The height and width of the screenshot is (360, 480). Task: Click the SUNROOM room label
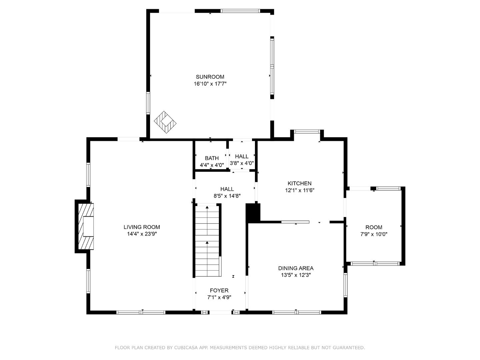tap(210, 77)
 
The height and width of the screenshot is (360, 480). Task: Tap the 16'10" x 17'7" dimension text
tap(210, 84)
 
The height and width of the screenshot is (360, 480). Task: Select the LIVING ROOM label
tap(142, 227)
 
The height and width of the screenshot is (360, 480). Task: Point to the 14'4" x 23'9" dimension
tap(142, 234)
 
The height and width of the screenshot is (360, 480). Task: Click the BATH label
tap(212, 158)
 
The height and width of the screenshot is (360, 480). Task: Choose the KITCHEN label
tap(299, 183)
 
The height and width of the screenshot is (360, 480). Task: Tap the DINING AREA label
tap(296, 268)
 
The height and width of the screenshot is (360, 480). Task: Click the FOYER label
tap(219, 290)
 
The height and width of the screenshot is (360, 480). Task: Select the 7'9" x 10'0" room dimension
tap(374, 234)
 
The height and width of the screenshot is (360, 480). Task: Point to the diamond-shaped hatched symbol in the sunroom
tap(165, 122)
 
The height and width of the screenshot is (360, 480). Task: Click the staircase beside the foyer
tap(207, 242)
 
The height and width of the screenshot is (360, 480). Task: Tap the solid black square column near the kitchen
tap(253, 213)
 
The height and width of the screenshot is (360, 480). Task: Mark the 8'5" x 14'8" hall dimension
tap(227, 196)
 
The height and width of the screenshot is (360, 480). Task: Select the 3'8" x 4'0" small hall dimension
tap(242, 163)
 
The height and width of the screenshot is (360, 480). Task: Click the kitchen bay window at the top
tap(307, 131)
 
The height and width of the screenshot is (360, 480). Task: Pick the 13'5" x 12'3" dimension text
tap(296, 275)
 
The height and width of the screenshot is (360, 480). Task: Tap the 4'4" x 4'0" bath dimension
tap(212, 165)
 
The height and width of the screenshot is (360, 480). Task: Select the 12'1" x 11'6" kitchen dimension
tap(299, 190)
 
